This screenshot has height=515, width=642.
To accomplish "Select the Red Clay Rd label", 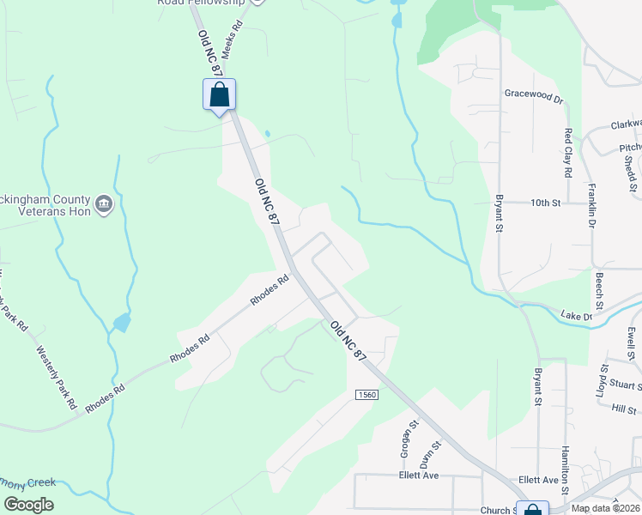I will tap(568, 153).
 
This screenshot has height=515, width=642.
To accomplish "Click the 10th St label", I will tap(544, 203).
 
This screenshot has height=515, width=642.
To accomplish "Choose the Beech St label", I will tap(599, 292).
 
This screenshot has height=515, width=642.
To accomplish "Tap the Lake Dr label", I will tap(576, 317).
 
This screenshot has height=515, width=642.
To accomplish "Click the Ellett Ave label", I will tap(419, 476).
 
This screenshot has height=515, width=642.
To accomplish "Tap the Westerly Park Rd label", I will tap(56, 376).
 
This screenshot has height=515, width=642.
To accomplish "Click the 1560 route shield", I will tap(363, 393).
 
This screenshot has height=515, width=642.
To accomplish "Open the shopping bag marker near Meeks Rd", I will tap(219, 94).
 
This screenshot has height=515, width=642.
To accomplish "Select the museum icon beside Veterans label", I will tap(104, 203).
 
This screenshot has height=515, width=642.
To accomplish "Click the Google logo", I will tap(28, 505).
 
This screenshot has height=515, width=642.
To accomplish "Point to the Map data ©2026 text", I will tap(604, 508).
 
